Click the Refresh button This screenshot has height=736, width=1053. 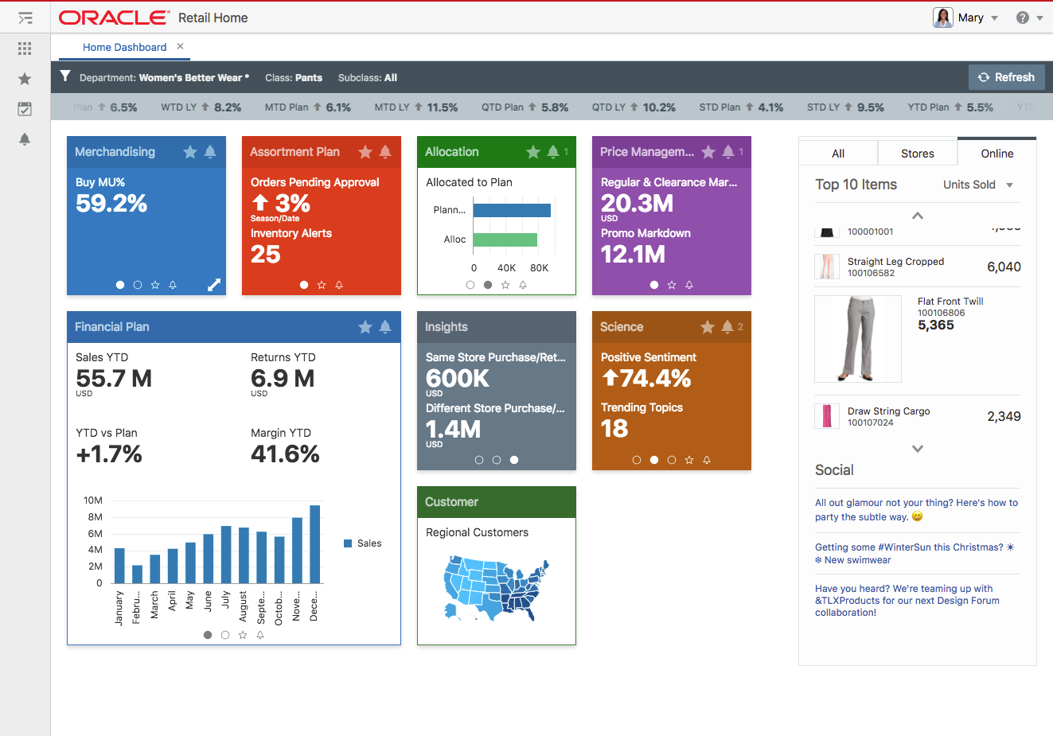click(x=1006, y=77)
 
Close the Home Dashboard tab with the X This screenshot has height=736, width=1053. click(x=181, y=47)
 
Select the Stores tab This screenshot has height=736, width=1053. click(x=917, y=154)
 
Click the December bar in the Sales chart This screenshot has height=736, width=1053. click(x=314, y=545)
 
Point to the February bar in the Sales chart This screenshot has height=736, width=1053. click(x=137, y=574)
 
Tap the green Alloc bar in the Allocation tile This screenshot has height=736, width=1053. click(x=505, y=239)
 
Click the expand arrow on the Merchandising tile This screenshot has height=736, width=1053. click(x=213, y=285)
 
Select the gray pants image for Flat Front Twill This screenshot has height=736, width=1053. click(x=857, y=338)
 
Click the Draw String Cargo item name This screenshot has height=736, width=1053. click(x=888, y=411)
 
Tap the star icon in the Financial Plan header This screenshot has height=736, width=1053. click(x=365, y=327)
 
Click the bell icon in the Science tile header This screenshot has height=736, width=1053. click(x=727, y=327)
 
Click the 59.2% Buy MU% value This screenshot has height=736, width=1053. click(x=111, y=204)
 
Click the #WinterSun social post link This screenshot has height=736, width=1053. click(x=914, y=553)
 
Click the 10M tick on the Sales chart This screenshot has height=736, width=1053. click(x=93, y=500)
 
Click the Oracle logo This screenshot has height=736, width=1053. click(x=114, y=18)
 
